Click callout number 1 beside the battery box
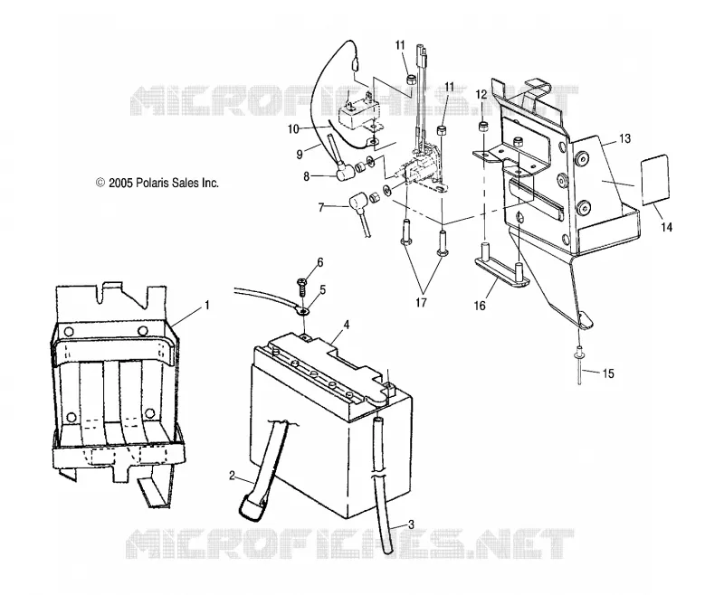click(207, 306)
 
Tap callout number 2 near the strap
click(232, 476)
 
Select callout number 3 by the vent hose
click(411, 524)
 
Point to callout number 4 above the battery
click(347, 325)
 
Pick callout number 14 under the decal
click(666, 227)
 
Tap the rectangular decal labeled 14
click(654, 180)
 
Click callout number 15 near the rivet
click(608, 373)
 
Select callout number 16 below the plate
click(480, 306)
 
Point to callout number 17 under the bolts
click(421, 302)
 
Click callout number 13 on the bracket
click(624, 138)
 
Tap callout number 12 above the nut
click(481, 95)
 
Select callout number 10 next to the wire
click(293, 129)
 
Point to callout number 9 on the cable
click(300, 154)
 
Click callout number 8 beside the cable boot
click(306, 176)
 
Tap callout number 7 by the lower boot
click(321, 207)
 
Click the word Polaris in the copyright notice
click(153, 183)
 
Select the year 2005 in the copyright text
click(121, 183)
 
